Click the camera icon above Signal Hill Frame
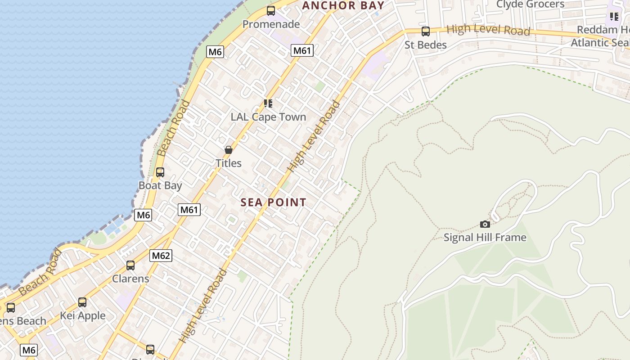point(485,224)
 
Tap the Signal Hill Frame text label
point(485,237)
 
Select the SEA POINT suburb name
point(273,202)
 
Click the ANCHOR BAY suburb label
point(343,5)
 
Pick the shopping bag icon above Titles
point(229,150)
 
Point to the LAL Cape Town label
point(268,117)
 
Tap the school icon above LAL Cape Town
point(268,103)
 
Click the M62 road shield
point(161,256)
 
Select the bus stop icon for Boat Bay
point(160,172)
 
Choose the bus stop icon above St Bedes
point(425,31)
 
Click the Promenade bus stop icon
point(271,11)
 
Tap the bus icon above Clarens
point(130,265)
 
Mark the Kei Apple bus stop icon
point(82,302)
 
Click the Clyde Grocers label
point(530,4)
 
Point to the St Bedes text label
point(425,45)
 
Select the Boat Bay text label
point(160,185)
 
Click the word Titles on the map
point(229,163)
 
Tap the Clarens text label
point(130,279)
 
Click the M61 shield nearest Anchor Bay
point(301,50)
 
